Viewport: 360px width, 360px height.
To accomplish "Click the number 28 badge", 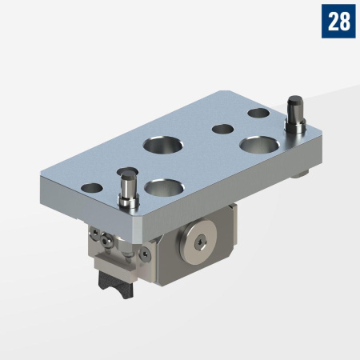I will tap(338, 22).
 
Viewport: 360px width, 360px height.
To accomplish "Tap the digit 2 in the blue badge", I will tap(332, 22).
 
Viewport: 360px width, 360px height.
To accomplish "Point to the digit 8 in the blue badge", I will tap(345, 22).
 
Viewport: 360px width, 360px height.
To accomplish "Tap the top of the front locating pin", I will tap(126, 172).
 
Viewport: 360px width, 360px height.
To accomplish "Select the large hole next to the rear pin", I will tap(258, 146).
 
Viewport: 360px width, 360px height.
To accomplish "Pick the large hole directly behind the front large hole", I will tap(162, 146).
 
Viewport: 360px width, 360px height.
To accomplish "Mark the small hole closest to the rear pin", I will tap(258, 113).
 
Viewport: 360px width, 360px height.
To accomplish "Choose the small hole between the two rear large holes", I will tap(220, 128).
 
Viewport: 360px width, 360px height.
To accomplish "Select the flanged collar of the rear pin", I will tap(294, 124).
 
